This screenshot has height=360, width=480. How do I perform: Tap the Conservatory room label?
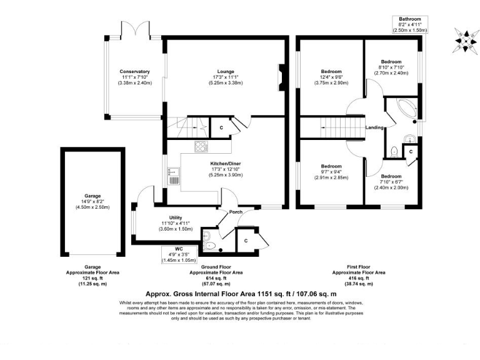[135, 72]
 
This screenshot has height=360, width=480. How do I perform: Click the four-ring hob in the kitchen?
[202, 147]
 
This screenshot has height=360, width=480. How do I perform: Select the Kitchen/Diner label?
[225, 164]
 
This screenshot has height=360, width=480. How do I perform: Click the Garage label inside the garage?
[92, 196]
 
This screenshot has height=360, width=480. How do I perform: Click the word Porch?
[236, 211]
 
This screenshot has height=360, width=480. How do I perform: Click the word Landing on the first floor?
[374, 128]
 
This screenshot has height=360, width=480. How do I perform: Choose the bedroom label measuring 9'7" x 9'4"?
[331, 167]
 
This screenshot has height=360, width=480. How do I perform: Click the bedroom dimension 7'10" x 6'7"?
[392, 182]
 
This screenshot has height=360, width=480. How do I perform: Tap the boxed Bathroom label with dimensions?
[409, 24]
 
